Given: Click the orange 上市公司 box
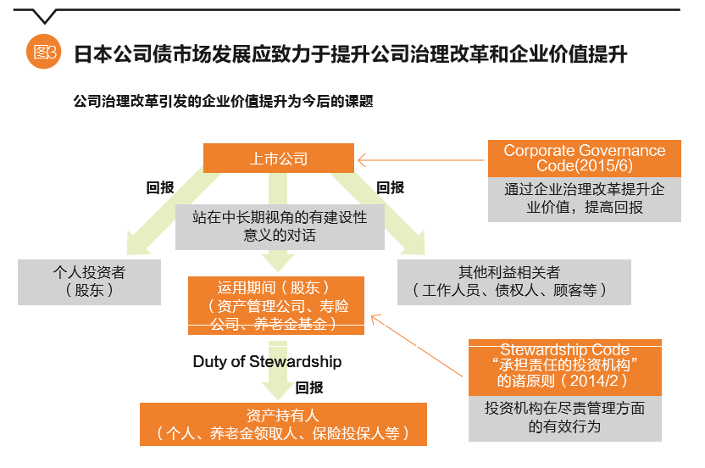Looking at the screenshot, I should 279,159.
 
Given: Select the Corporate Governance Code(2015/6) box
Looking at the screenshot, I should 585,158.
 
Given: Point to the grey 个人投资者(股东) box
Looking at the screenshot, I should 89,281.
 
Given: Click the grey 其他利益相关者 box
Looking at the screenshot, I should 514,281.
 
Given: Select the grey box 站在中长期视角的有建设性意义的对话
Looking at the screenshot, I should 280,226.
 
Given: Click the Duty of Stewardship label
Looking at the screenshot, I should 267,362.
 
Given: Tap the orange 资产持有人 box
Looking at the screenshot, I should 283,425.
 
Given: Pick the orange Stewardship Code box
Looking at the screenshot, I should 564,367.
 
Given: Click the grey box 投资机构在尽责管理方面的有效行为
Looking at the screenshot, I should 564,418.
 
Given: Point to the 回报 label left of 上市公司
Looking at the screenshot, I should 160,188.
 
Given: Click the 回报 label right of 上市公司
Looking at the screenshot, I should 391,188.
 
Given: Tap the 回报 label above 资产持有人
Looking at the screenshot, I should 309,387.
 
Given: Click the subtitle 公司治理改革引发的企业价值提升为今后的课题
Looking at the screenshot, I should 225,101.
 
